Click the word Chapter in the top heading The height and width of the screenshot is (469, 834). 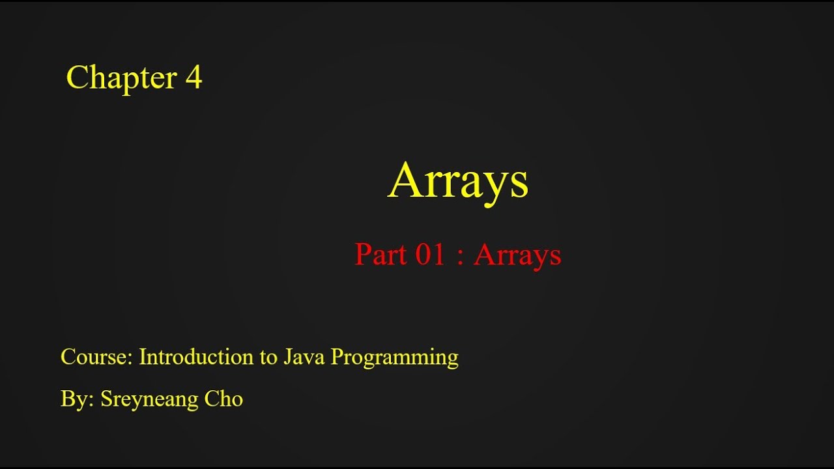[x=121, y=78]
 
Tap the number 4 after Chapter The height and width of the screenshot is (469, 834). [x=194, y=78]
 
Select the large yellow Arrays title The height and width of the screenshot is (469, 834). [x=457, y=181]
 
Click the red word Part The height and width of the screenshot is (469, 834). [x=379, y=255]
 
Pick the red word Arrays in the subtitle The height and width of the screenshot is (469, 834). [x=517, y=255]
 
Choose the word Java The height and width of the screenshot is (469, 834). [x=304, y=357]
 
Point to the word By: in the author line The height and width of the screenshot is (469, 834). [x=78, y=399]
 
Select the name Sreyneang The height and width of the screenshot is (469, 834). [x=150, y=399]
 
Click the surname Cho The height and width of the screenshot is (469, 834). [x=223, y=399]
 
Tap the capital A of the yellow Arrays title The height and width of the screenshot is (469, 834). [x=405, y=180]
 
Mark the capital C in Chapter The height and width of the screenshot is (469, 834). [x=77, y=78]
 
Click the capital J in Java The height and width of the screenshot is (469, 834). [x=287, y=357]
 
